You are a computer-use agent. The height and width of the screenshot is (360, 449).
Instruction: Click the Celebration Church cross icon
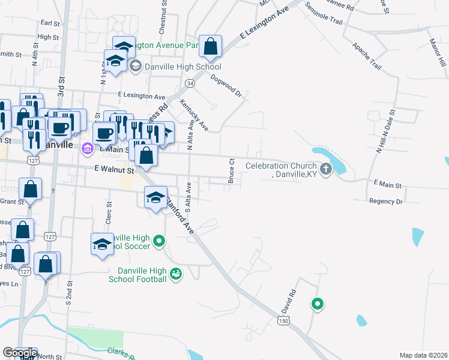(326, 168)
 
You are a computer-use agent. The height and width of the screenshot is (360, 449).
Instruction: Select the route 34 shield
(190, 82)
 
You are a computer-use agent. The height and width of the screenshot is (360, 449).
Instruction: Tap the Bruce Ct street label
(231, 171)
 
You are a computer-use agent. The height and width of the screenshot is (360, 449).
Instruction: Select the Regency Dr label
(386, 202)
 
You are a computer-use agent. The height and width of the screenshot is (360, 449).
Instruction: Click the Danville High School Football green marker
(176, 274)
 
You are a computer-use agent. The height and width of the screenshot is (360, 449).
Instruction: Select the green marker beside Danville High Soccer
(159, 242)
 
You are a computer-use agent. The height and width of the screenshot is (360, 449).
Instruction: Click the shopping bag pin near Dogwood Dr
(211, 46)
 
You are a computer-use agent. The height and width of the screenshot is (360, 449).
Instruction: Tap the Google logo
(19, 353)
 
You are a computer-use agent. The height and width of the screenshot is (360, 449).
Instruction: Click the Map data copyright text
(423, 355)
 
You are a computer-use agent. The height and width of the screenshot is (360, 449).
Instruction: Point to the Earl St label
(50, 23)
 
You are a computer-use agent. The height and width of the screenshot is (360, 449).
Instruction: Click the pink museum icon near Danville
(87, 148)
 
